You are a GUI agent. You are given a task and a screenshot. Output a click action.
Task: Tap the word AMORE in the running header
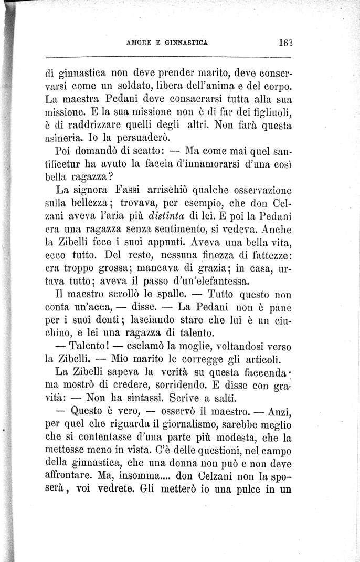(x=138, y=46)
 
